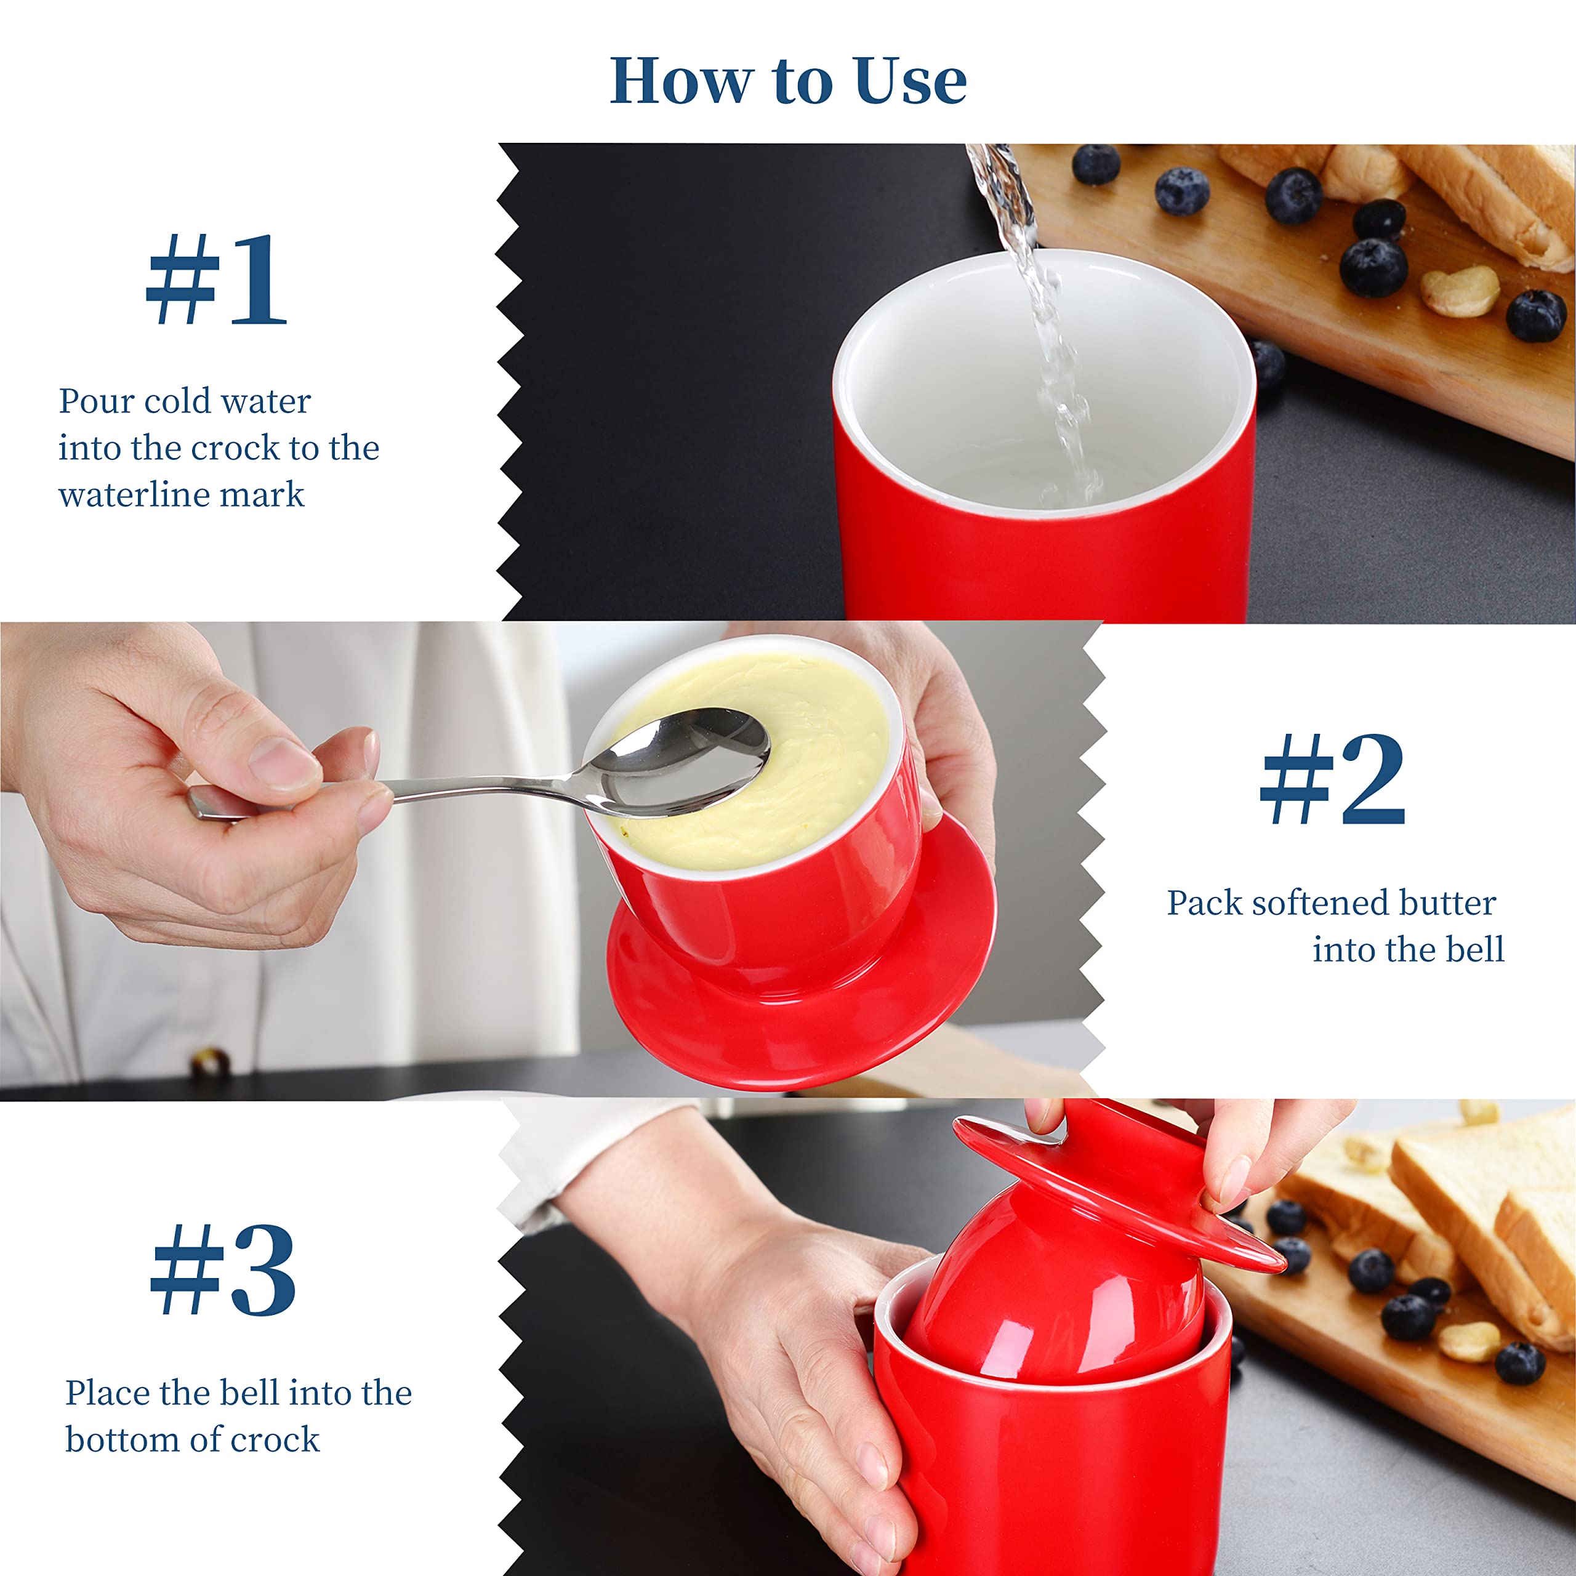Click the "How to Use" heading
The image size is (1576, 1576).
pos(788,81)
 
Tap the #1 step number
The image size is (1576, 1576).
pos(216,279)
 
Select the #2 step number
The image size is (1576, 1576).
pos(1333,779)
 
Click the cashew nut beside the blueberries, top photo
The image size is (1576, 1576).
pos(1460,291)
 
